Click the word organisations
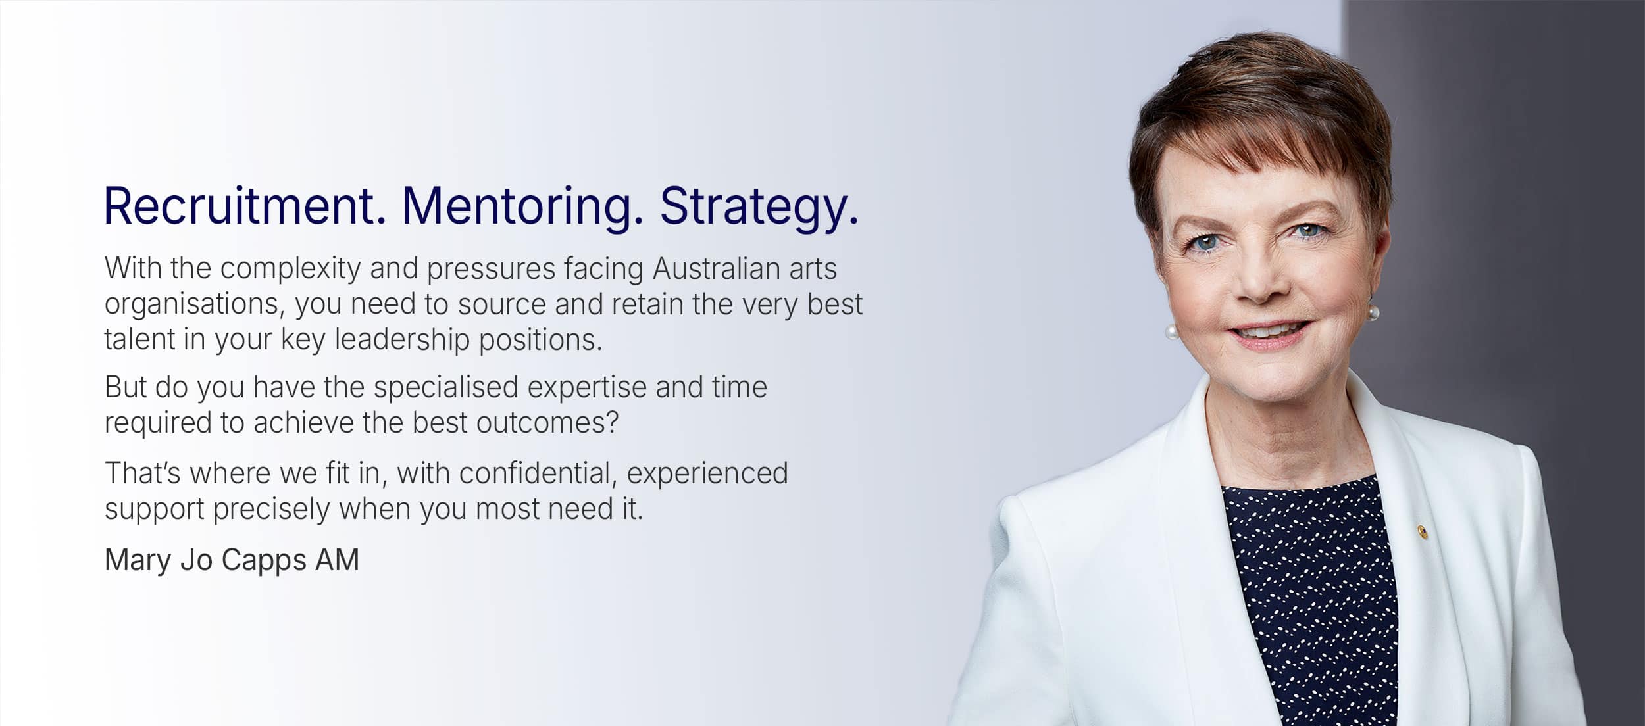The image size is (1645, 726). click(194, 305)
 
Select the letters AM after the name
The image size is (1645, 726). click(337, 560)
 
